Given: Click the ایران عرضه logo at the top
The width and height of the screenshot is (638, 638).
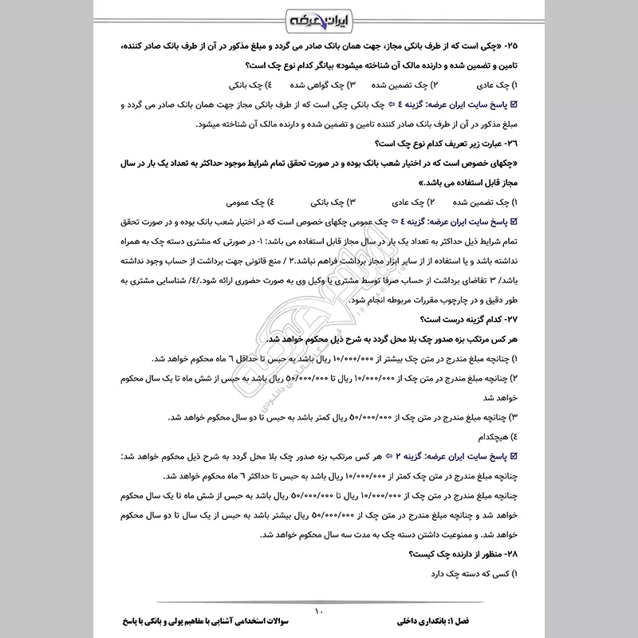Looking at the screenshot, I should pos(318,18).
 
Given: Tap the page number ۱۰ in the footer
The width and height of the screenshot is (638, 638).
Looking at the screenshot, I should pos(318,612).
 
